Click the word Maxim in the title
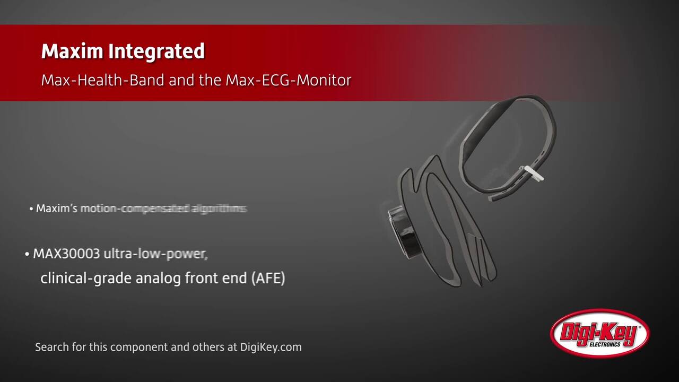pyautogui.click(x=73, y=51)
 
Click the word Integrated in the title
pyautogui.click(x=156, y=51)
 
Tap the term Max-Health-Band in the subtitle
pyautogui.click(x=103, y=81)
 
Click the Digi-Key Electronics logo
pyautogui.click(x=600, y=334)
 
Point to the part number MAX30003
pyautogui.click(x=66, y=254)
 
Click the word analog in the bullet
pyautogui.click(x=159, y=278)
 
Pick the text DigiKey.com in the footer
pyautogui.click(x=271, y=347)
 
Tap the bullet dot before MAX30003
pyautogui.click(x=27, y=254)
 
